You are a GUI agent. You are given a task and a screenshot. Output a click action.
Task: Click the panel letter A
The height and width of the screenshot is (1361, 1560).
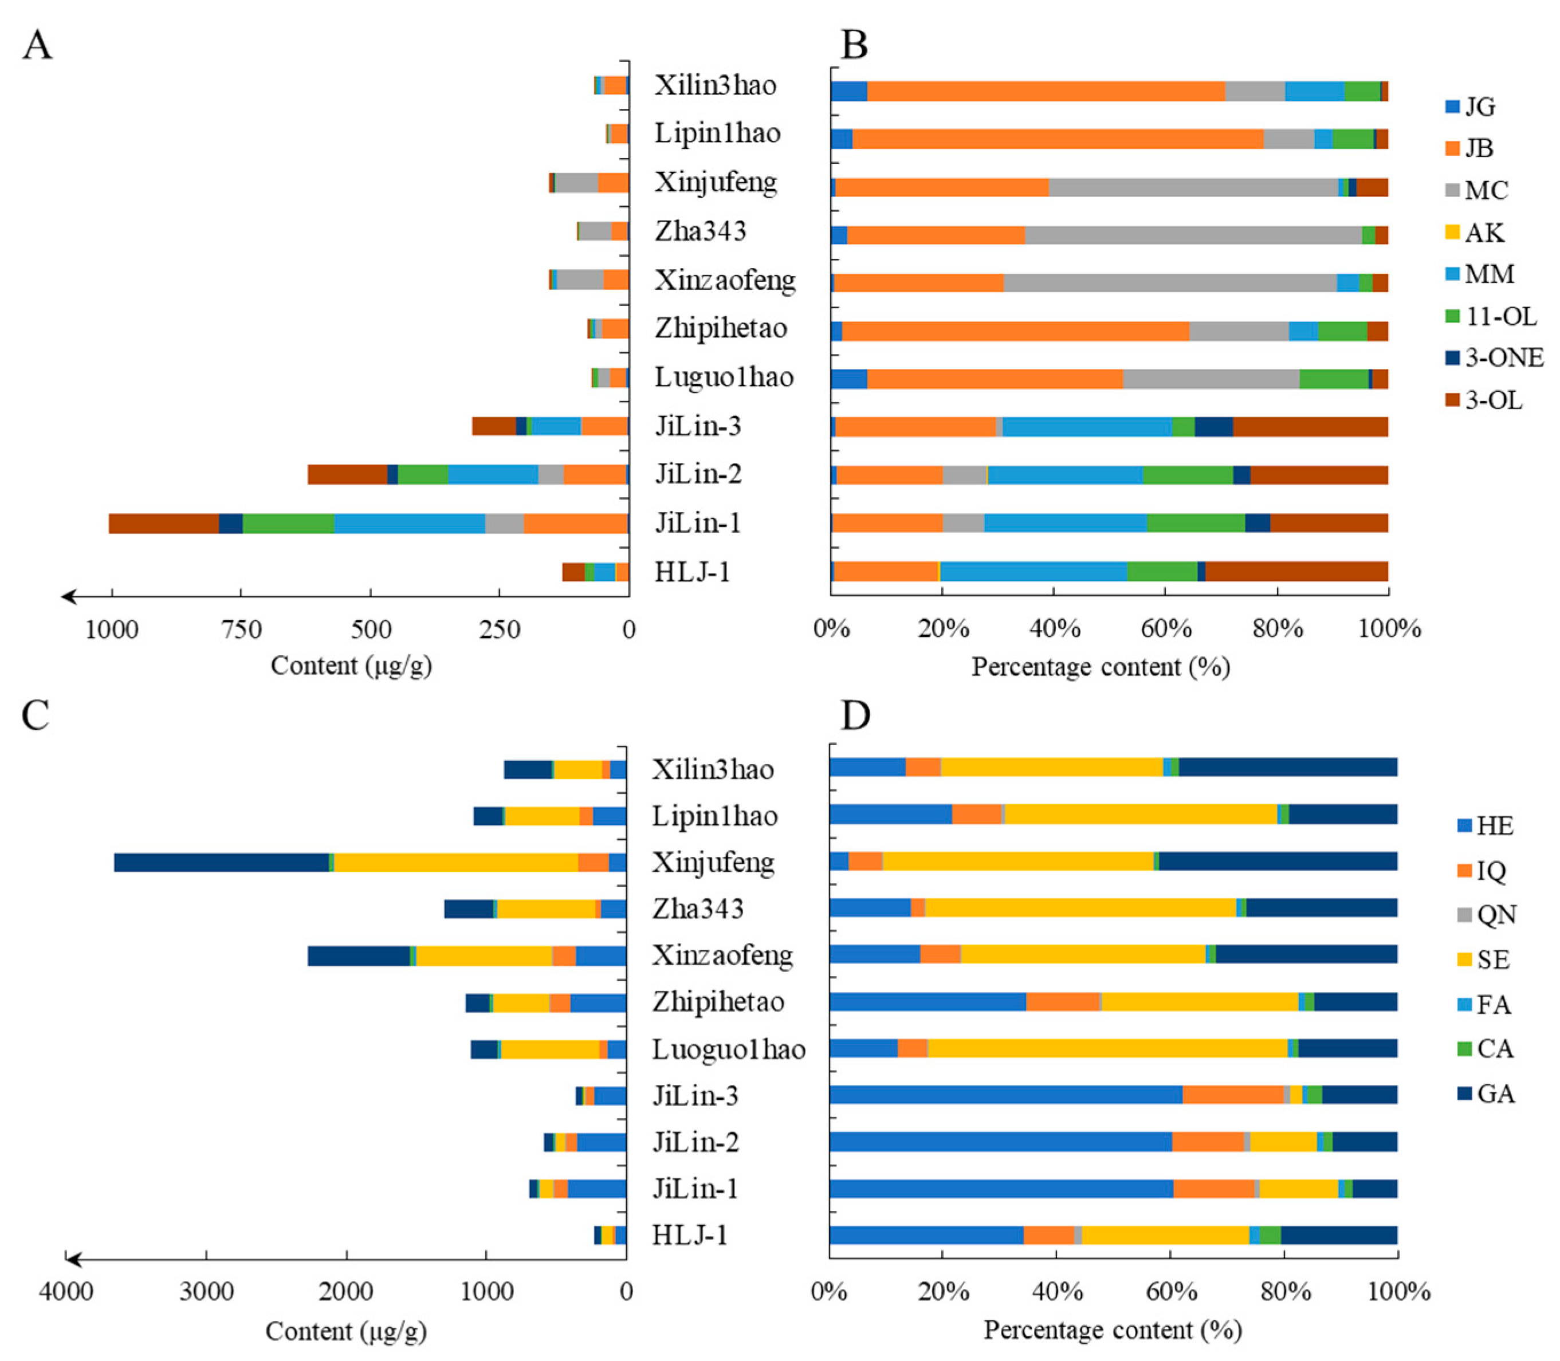click(37, 46)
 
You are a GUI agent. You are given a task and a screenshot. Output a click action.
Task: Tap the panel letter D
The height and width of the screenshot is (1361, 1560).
click(856, 716)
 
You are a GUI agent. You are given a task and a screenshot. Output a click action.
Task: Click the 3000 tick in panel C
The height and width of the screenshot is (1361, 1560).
click(206, 1291)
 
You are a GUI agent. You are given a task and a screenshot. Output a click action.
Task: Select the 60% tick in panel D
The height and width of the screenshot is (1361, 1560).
click(1170, 1291)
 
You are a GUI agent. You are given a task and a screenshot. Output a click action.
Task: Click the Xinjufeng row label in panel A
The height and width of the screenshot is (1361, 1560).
click(716, 182)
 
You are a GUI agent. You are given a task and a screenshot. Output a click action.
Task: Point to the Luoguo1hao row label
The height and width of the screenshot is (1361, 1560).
click(728, 1049)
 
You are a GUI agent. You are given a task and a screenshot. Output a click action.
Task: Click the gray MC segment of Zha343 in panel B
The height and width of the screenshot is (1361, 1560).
click(1192, 235)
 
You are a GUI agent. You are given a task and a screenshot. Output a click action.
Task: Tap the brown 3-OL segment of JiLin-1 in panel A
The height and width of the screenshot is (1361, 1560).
click(164, 524)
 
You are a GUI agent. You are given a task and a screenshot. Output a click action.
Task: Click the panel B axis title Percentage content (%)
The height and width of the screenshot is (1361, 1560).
click(1101, 667)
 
